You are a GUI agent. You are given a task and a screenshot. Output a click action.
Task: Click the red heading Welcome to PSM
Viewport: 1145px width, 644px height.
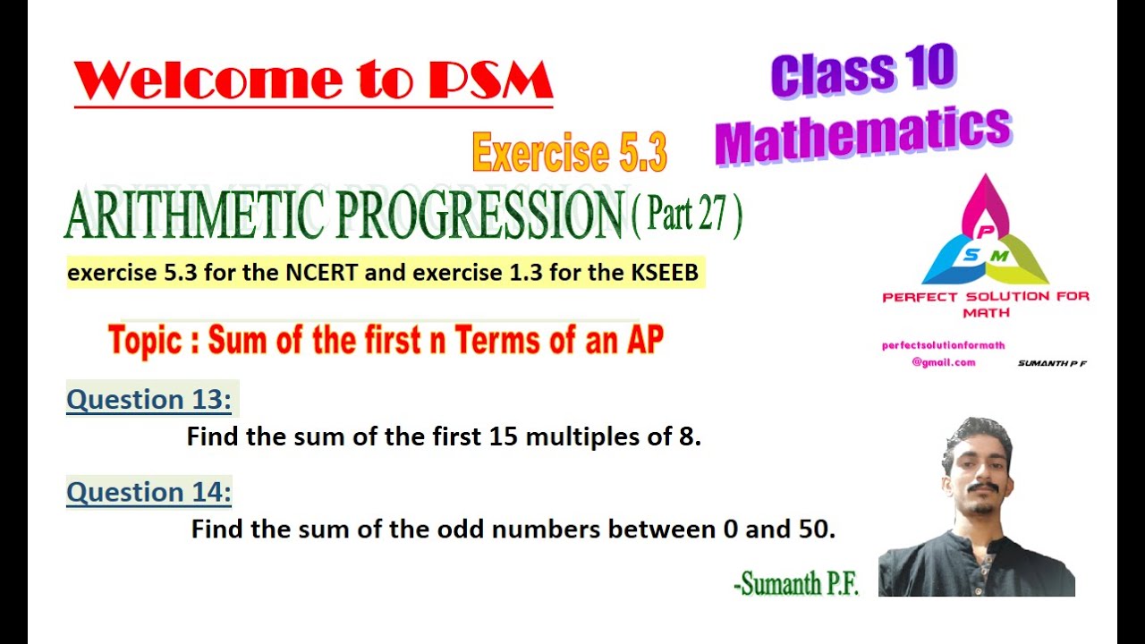tap(313, 80)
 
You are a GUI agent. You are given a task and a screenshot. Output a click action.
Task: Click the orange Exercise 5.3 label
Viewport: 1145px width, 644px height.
tap(570, 152)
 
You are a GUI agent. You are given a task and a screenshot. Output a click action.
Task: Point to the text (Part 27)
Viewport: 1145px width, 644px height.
tap(687, 216)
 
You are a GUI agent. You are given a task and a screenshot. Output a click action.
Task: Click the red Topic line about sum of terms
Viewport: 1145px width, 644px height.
tap(386, 340)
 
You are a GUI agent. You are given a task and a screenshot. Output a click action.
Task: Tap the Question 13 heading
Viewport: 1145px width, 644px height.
tap(149, 400)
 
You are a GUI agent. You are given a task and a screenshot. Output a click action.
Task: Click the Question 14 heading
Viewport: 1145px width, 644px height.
tap(149, 492)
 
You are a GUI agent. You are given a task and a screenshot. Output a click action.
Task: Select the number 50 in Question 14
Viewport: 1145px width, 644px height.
tap(811, 530)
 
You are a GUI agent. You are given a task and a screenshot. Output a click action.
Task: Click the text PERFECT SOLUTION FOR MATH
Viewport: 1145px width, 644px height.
tap(986, 304)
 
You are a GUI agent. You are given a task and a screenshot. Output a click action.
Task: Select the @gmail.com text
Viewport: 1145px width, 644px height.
tap(943, 362)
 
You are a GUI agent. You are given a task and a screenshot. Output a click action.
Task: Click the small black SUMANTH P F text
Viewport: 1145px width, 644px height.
tap(1052, 363)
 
